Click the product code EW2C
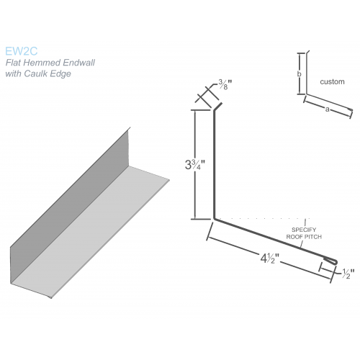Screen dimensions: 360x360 (22, 51)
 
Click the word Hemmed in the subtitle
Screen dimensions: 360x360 (42, 63)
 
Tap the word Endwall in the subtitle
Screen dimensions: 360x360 (79, 63)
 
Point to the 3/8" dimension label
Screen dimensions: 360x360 (225, 84)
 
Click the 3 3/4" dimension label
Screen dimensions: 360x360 (195, 165)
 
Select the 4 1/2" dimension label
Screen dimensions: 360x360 (270, 258)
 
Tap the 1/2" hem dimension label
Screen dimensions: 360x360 (348, 274)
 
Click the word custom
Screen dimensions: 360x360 (332, 81)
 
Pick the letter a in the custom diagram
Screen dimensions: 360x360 (327, 109)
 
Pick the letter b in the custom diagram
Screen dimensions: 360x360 (299, 74)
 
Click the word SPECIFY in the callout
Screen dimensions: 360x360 (304, 230)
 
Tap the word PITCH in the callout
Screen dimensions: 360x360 (312, 237)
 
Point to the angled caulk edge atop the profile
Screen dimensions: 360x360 (218, 107)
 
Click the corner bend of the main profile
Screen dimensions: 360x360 (214, 219)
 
